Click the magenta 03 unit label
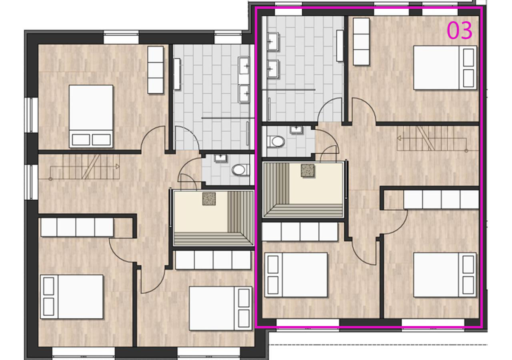[x=460, y=30]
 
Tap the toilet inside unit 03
[x=276, y=142]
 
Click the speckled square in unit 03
[x=308, y=171]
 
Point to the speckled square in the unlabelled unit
[x=209, y=199]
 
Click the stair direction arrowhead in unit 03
[x=399, y=138]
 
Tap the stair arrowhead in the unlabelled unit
[x=118, y=166]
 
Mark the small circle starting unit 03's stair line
[x=466, y=151]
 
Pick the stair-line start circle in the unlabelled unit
[x=50, y=179]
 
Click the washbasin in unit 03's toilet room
[x=296, y=129]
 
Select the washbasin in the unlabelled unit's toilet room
[x=220, y=158]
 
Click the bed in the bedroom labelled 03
[x=445, y=68]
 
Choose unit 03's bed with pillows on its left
[x=296, y=275]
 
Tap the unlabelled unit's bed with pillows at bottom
[x=91, y=116]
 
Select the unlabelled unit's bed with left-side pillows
[x=72, y=297]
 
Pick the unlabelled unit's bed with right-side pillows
[x=220, y=308]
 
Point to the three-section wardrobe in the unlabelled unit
[x=156, y=70]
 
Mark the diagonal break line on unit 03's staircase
[x=426, y=138]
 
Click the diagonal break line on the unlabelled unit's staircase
[x=91, y=167]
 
